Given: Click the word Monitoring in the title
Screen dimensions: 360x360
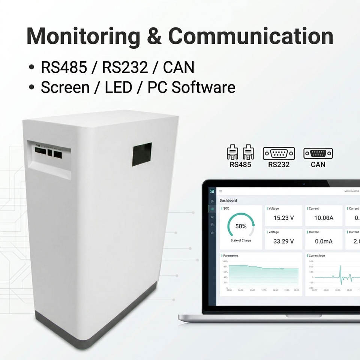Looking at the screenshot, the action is pos(83,36).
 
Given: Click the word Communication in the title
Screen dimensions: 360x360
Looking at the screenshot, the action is pos(250,36).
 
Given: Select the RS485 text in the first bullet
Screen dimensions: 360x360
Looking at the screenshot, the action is pos(64,67).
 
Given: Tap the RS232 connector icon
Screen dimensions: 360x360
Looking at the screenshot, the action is pos(279,153).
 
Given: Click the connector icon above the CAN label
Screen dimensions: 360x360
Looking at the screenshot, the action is pos(318,153).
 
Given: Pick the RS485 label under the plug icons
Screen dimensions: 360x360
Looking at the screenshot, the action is pos(240,164).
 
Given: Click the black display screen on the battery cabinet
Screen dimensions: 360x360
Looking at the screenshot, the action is pos(142,154).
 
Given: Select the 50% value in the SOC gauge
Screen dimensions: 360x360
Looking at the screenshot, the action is pos(241,226).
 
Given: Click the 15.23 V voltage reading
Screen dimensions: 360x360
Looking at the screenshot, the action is pos(283,218).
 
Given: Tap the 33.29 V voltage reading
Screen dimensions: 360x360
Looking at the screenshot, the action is pos(283,241).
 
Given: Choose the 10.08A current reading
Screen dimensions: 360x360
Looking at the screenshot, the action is pos(324,218).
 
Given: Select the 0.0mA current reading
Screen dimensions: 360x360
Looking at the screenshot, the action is pos(323,241).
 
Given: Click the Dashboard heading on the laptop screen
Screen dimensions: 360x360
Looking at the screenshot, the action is pos(228,200).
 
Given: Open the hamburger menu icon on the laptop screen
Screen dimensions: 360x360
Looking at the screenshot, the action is pos(220,191).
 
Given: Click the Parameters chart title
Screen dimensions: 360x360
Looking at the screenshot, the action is pos(231,256).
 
